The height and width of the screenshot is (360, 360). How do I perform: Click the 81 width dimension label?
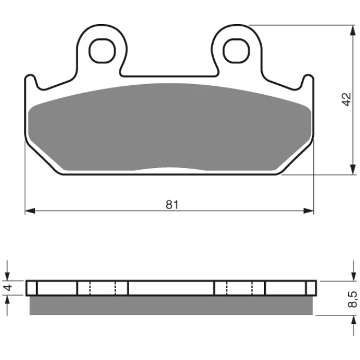(x=172, y=205)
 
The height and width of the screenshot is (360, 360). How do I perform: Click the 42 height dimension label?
(x=347, y=99)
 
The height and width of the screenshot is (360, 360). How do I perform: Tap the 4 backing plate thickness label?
(x=9, y=287)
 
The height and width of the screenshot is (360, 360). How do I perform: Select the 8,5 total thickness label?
(x=353, y=299)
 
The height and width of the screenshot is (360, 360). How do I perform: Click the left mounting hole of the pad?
(x=102, y=50)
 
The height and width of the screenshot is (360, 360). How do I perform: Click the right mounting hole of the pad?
(x=237, y=50)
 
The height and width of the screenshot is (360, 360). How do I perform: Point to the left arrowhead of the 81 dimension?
(x=30, y=210)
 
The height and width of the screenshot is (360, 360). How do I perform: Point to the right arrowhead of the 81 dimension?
(x=309, y=210)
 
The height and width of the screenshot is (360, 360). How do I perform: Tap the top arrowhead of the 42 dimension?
(x=352, y=30)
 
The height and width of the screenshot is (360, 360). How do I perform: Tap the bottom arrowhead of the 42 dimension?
(x=352, y=170)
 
